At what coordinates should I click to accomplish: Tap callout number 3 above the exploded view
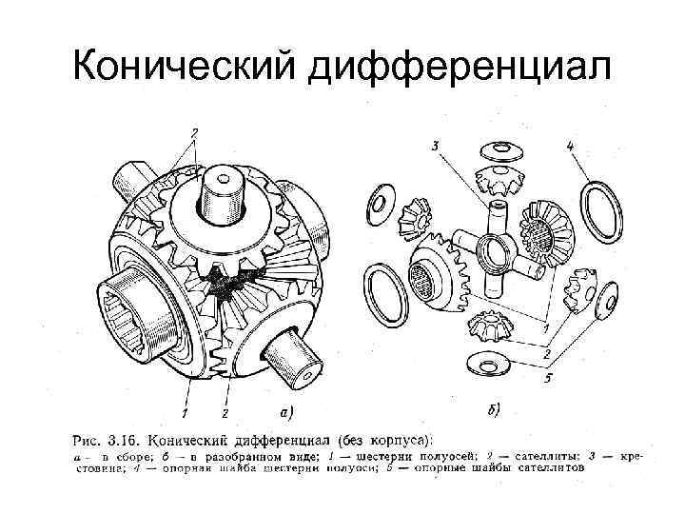434,146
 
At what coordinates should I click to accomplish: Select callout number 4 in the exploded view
570,147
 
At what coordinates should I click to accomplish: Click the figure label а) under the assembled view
285,412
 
